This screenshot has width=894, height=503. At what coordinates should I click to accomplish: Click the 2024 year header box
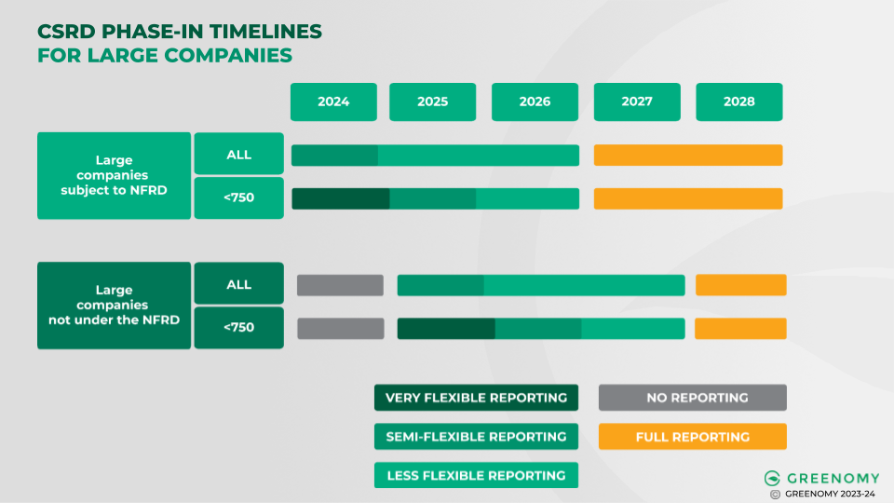(x=333, y=102)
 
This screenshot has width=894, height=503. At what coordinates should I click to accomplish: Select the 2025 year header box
(x=432, y=102)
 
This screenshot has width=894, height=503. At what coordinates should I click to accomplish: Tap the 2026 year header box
(x=535, y=102)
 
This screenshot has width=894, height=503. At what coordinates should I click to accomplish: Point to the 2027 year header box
(x=637, y=102)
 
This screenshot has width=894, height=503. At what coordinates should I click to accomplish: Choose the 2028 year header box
(x=738, y=102)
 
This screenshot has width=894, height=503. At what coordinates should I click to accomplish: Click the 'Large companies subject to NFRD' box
(x=114, y=176)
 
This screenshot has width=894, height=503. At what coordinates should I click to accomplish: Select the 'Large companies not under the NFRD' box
(x=114, y=306)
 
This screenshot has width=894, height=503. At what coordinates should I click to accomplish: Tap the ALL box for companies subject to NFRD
(x=238, y=154)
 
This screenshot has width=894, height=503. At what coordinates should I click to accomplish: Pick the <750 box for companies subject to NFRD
(x=238, y=198)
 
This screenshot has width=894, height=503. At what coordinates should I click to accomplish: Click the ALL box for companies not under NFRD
(x=238, y=284)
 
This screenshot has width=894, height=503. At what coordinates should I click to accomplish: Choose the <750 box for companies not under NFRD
(x=238, y=327)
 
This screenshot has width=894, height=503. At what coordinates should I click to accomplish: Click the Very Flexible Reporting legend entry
(x=476, y=398)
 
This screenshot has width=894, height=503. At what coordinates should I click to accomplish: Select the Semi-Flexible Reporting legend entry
(x=476, y=437)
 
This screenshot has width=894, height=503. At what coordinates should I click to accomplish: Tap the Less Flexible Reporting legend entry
(x=476, y=475)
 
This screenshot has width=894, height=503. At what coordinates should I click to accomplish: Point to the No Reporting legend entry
(x=692, y=398)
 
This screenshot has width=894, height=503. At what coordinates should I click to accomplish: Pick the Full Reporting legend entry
(x=692, y=437)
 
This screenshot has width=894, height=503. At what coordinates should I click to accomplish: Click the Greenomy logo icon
(x=771, y=478)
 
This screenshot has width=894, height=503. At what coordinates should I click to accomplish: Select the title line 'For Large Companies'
(x=165, y=56)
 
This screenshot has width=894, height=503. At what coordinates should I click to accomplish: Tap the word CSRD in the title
(x=64, y=32)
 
